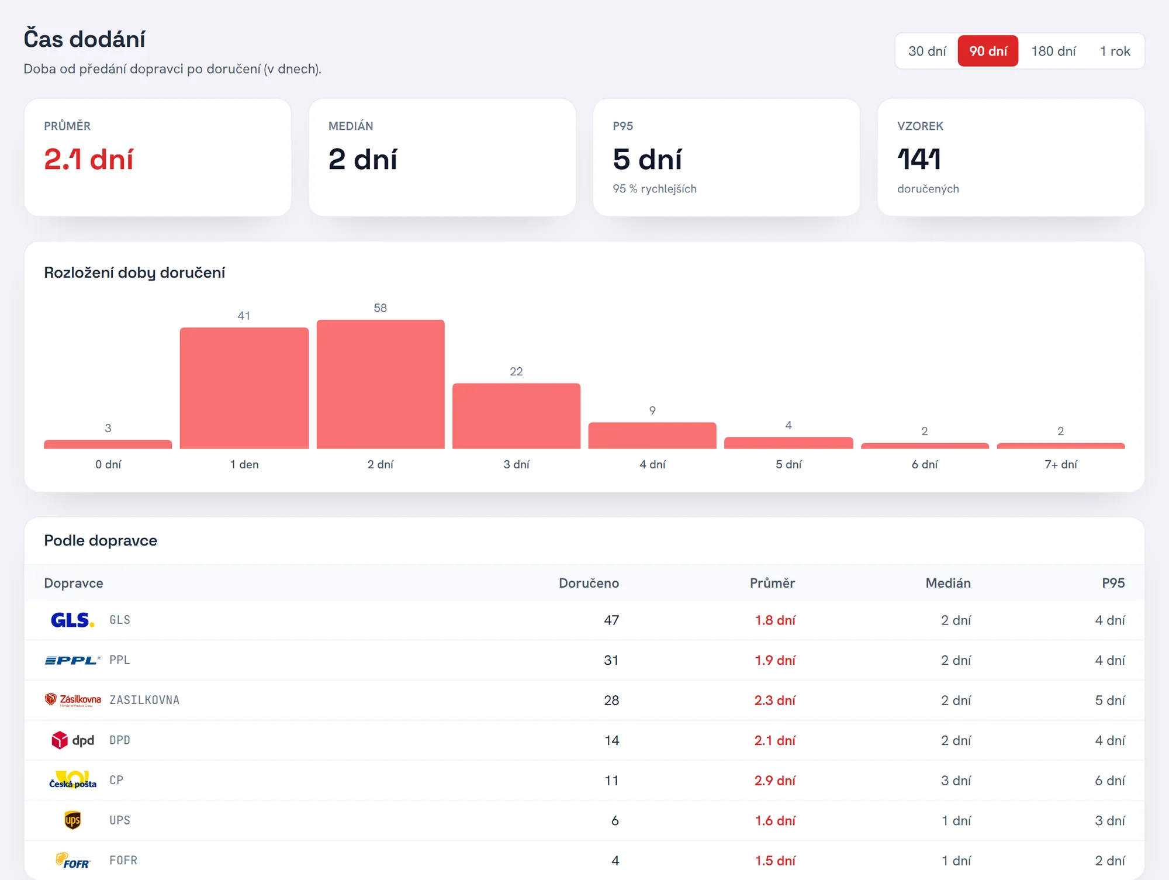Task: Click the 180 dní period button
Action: point(1053,51)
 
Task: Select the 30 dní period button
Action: point(927,51)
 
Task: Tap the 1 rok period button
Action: point(1115,51)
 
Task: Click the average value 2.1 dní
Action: point(89,159)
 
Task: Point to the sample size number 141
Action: point(919,159)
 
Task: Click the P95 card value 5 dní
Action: point(647,159)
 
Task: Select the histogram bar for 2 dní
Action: point(381,384)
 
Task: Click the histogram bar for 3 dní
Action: point(517,416)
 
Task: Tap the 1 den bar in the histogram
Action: point(244,388)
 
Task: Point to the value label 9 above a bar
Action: point(652,410)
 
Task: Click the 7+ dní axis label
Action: point(1061,464)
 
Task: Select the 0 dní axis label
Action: point(108,464)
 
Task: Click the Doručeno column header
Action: point(589,583)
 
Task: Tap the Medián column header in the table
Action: point(948,583)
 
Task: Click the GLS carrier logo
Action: point(72,620)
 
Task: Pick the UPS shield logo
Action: point(72,820)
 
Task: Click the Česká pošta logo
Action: point(72,780)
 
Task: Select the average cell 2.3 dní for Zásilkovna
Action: point(775,700)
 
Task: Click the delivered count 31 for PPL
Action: point(611,660)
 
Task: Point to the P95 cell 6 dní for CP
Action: point(1110,781)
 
